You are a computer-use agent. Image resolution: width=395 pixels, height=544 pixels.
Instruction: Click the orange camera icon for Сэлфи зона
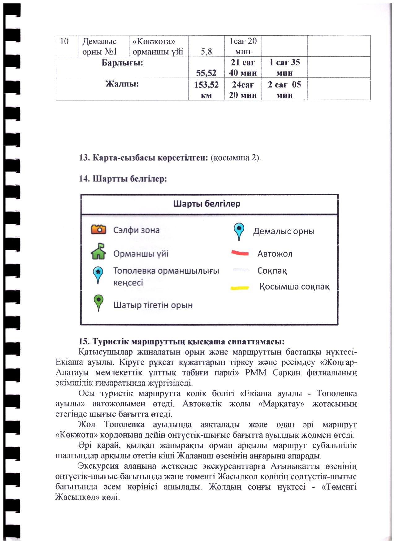98,229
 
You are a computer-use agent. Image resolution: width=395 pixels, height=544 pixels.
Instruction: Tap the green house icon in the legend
98,251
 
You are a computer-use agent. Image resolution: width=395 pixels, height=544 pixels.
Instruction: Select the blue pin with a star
98,274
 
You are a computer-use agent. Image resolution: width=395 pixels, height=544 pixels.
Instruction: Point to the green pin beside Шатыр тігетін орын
98,302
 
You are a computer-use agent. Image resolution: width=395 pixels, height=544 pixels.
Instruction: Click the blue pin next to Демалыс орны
239,231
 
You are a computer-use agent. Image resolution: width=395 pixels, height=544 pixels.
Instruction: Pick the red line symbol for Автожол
240,253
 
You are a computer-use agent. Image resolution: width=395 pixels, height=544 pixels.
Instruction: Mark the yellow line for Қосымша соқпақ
240,288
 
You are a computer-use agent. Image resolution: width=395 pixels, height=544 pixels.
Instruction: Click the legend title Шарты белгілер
206,204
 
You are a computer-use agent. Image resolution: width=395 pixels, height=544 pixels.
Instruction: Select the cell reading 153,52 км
206,90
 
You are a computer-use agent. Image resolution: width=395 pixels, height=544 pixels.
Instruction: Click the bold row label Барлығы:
122,63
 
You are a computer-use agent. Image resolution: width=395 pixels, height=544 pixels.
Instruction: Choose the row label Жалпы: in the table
122,84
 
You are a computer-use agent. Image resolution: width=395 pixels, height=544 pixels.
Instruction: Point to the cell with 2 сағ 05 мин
284,90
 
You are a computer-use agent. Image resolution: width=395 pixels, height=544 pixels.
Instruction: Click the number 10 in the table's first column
64,42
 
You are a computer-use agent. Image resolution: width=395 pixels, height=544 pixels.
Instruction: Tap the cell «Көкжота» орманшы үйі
158,46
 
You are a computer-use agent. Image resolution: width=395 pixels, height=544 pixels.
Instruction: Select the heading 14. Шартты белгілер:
123,179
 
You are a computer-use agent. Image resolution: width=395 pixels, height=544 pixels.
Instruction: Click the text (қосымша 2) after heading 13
236,157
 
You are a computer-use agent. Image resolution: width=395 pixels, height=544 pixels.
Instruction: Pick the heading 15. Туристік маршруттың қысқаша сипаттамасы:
181,342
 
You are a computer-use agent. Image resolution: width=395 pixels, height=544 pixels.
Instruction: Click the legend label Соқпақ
272,271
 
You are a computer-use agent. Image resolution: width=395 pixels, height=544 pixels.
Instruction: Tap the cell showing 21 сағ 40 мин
243,67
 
